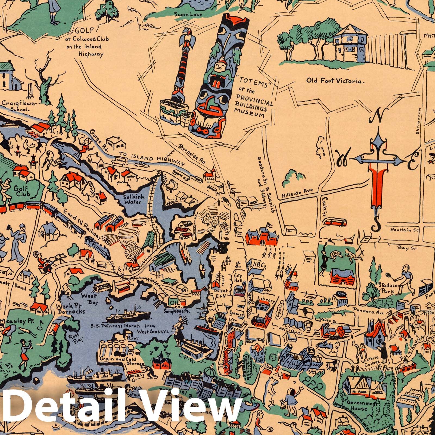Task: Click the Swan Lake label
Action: tap(192, 14)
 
